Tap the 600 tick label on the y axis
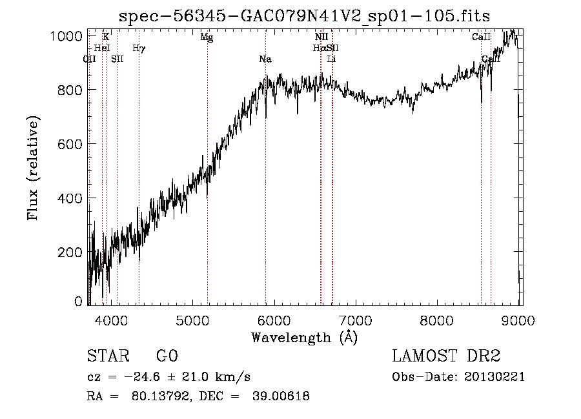[x=71, y=144]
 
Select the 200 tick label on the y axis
[x=71, y=251]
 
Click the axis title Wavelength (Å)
[x=304, y=336]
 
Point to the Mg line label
[x=207, y=37]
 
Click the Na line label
[x=265, y=59]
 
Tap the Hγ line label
[x=139, y=48]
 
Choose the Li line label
[x=331, y=59]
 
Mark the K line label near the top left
[x=106, y=37]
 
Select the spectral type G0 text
[x=167, y=356]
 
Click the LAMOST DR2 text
[x=446, y=356]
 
